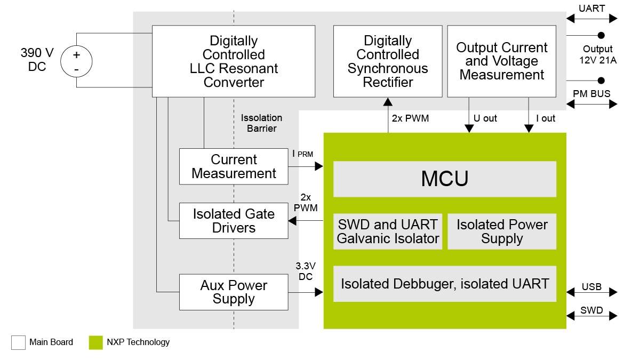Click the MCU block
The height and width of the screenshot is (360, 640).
click(x=444, y=179)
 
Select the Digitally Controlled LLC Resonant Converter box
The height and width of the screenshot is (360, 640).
click(x=234, y=62)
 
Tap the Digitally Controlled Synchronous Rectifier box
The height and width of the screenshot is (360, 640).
click(x=388, y=62)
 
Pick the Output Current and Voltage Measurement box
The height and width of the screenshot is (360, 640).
click(x=501, y=62)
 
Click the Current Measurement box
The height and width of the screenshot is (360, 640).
click(x=234, y=166)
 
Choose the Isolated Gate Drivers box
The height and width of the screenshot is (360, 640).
click(x=234, y=221)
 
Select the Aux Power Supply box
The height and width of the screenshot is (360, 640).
click(x=234, y=292)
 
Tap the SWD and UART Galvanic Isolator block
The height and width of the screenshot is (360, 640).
click(x=388, y=231)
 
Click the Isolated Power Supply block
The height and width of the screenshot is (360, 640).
click(x=501, y=231)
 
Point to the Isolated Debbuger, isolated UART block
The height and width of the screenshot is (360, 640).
click(x=444, y=284)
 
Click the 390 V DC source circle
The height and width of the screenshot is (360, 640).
click(x=76, y=60)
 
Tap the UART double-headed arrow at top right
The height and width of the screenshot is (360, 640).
click(x=591, y=19)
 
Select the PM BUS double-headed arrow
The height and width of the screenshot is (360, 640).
click(x=591, y=104)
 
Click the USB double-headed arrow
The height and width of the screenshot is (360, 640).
click(x=591, y=292)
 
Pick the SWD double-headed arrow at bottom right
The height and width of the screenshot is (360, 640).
click(x=591, y=316)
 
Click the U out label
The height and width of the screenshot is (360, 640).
click(x=485, y=118)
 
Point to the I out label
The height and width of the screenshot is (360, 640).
click(x=545, y=118)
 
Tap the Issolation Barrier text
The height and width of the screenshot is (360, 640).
click(x=261, y=123)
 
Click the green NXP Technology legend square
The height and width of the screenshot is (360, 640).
click(x=95, y=342)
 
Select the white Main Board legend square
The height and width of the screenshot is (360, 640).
click(x=18, y=342)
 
